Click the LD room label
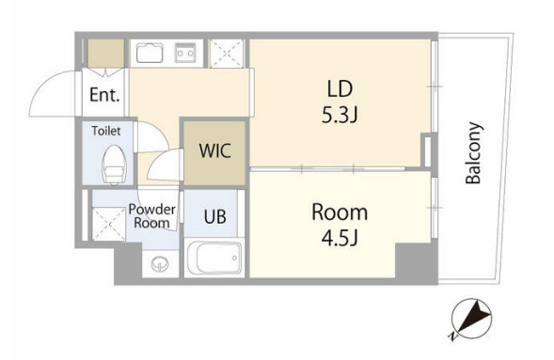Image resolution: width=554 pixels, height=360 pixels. (x=340, y=88)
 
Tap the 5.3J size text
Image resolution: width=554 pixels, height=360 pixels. (x=340, y=115)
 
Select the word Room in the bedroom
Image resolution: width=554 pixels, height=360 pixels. (x=340, y=212)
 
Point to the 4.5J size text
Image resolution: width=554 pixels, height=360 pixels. (x=340, y=239)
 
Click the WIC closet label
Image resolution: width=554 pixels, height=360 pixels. (x=214, y=150)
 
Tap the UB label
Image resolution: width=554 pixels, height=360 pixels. (x=214, y=216)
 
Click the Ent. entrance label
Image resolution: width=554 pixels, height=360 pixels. (x=104, y=95)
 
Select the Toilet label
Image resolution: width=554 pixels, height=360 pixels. (x=106, y=131)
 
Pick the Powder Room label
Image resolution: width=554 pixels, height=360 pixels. (x=152, y=216)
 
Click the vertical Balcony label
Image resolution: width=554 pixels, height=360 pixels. (x=473, y=153)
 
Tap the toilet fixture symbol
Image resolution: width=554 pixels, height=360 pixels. (x=114, y=164)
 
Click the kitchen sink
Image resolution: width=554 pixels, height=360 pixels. (x=150, y=53)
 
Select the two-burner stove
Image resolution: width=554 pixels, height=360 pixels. (x=185, y=53)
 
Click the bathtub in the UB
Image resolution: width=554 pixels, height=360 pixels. (x=214, y=258)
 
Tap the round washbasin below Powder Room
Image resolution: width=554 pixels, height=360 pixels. (x=160, y=264)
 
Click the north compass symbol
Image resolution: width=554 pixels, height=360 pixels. (x=471, y=319)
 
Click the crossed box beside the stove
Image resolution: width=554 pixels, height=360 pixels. (x=227, y=54)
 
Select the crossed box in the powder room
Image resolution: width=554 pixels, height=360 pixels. (x=109, y=224)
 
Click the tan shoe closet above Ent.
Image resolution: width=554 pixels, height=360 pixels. (x=106, y=53)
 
